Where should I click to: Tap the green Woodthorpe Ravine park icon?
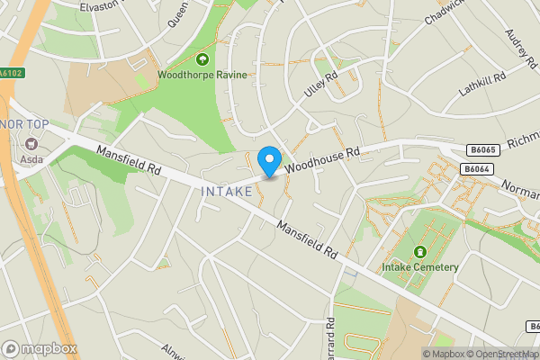(x=201, y=60)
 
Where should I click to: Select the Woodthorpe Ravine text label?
(x=202, y=76)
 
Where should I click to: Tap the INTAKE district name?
(x=227, y=191)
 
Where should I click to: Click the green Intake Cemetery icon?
(x=419, y=252)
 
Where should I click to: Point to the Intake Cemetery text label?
(x=420, y=266)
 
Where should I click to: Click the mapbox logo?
(x=40, y=348)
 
